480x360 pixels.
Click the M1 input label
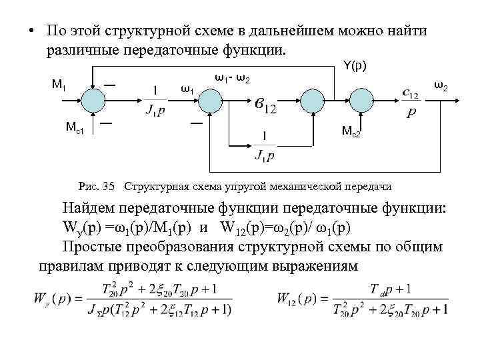[x=58, y=84]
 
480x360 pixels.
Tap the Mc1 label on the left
[x=74, y=127]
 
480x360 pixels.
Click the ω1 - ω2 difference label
[x=233, y=79]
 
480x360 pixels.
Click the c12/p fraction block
[x=411, y=104]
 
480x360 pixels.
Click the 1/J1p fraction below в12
[x=265, y=147]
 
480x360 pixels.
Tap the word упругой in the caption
[x=245, y=185]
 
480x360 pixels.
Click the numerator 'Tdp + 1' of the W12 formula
[x=391, y=287]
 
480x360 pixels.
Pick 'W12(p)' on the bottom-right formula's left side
[x=299, y=298]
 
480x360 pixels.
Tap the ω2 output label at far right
[x=441, y=85]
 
